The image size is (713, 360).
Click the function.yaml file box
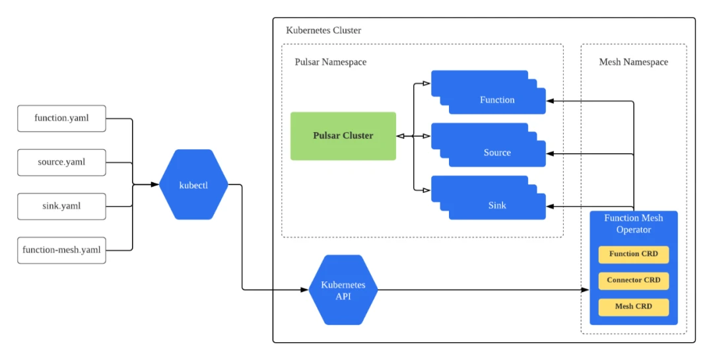[x=61, y=119]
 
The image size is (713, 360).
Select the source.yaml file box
[x=61, y=162]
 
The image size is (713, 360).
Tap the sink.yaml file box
[x=61, y=206]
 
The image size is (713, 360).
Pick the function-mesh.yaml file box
[x=61, y=250]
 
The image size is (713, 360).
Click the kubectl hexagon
[x=193, y=185]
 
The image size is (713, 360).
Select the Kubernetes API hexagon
[x=343, y=290]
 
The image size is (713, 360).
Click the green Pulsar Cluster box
[x=343, y=136]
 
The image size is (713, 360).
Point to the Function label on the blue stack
[x=497, y=100]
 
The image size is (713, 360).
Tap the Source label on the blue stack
[x=497, y=153]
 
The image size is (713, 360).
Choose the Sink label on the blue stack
[x=497, y=205]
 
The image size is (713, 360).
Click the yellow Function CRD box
[x=634, y=254]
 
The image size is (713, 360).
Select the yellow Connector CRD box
[x=634, y=280]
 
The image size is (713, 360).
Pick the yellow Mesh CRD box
[x=634, y=306]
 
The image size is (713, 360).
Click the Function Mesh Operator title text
[x=634, y=224]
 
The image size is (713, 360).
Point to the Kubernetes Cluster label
[x=323, y=30]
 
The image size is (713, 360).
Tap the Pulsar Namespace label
[x=330, y=62]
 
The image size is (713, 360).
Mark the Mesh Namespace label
[x=633, y=62]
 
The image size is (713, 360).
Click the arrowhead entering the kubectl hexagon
[x=156, y=185]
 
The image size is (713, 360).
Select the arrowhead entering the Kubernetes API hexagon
[x=306, y=289]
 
